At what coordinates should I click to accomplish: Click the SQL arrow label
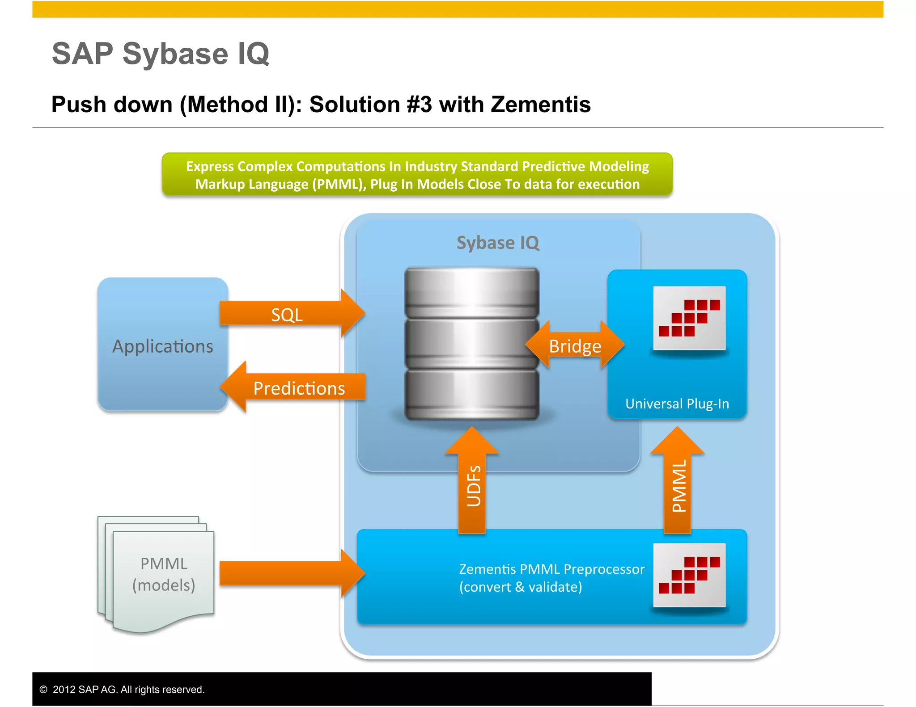pos(287,315)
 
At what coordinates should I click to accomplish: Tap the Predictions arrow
pos(298,388)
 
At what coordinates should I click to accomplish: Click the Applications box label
pos(163,346)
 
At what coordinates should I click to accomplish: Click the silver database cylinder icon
pos(471,344)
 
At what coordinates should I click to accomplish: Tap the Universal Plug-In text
pos(677,404)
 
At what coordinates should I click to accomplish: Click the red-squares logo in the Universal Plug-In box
pos(689,318)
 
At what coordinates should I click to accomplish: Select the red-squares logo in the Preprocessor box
pos(689,575)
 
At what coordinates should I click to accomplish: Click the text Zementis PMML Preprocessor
pos(551,569)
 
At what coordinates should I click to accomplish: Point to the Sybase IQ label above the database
pos(498,243)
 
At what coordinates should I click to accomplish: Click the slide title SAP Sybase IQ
pos(161,54)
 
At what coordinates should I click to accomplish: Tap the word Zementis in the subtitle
pos(540,105)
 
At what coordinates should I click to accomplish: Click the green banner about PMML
pos(417,175)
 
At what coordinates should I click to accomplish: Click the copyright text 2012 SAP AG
pos(128,689)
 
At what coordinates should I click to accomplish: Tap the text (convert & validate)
pos(521,587)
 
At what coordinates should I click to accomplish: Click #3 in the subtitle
pos(420,105)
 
